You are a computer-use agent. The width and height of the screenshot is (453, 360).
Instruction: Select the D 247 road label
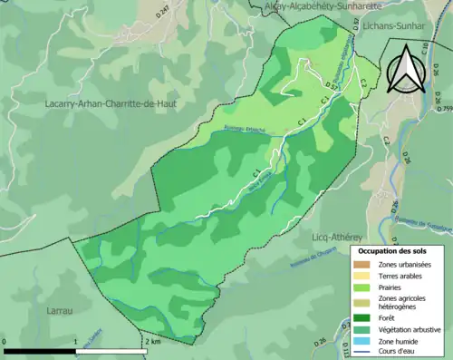click(x=164, y=12)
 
